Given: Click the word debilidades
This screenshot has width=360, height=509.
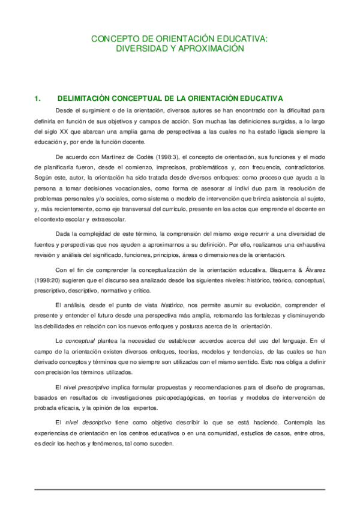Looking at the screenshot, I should click(x=56, y=326).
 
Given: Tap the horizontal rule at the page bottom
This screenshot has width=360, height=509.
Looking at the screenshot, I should click(x=180, y=490).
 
